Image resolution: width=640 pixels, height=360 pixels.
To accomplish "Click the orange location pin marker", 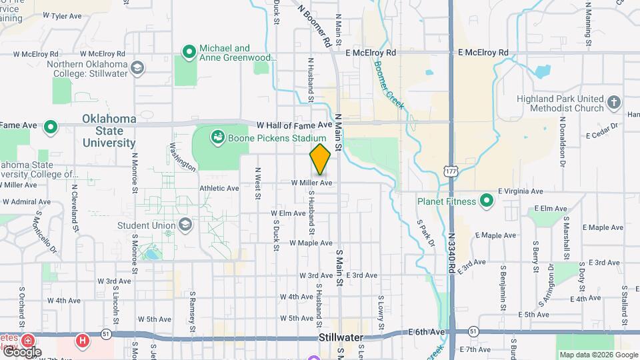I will [320, 159].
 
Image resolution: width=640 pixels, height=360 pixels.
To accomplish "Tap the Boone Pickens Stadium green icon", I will [217, 138].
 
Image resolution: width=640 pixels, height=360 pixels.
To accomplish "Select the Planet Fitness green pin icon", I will [487, 201].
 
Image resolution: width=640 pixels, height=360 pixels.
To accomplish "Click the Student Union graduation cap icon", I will [183, 225].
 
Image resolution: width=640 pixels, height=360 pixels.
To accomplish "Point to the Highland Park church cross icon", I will [614, 103].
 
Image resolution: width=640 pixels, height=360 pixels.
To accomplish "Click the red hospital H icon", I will [83, 341].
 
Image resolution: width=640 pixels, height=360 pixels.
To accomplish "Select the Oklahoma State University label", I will [109, 131].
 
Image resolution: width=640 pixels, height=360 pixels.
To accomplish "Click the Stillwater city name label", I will [339, 337].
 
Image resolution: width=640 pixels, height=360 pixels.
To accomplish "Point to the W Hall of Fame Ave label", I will [294, 125].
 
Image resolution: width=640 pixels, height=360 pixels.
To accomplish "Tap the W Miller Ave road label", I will [311, 183].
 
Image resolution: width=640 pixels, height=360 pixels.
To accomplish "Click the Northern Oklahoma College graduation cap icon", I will [137, 67].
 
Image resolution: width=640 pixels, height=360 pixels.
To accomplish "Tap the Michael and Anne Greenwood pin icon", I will [189, 51].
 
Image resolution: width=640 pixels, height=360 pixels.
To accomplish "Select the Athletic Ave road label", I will [219, 189].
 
